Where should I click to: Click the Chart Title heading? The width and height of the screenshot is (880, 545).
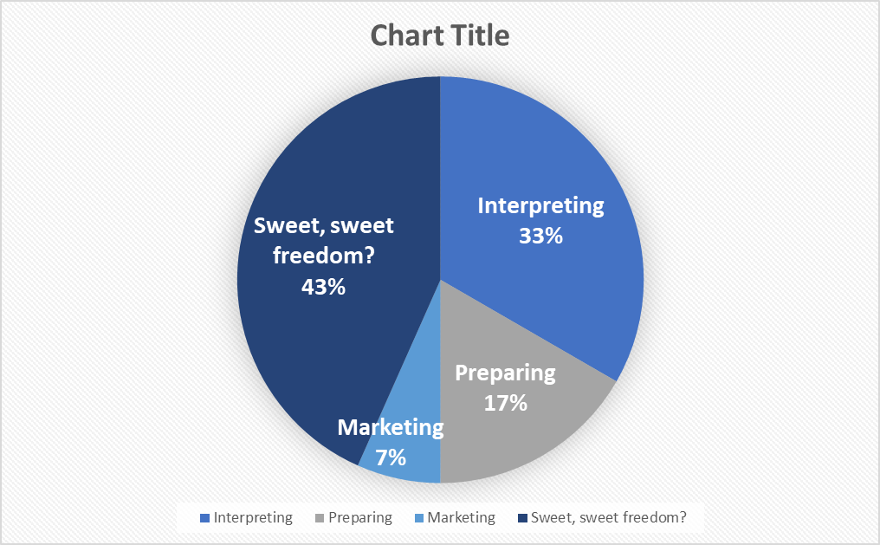click(440, 36)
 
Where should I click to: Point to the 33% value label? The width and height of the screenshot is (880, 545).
click(541, 236)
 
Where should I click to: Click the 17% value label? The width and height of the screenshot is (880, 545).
click(506, 403)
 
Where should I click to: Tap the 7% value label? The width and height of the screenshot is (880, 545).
click(391, 457)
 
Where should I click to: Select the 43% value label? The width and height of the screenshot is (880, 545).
click(323, 287)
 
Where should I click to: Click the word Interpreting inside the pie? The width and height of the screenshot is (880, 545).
click(541, 206)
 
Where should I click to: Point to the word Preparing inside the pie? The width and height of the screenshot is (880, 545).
click(505, 373)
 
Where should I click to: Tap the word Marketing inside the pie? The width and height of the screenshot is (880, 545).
click(391, 428)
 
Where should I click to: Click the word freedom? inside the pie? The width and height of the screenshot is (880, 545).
click(323, 256)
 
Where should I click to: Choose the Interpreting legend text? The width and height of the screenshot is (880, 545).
click(253, 517)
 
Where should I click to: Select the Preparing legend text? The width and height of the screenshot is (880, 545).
click(360, 517)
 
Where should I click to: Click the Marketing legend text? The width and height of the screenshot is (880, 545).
click(462, 517)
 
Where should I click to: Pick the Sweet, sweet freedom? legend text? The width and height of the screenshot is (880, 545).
click(608, 517)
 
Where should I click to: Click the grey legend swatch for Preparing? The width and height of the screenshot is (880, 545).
click(320, 518)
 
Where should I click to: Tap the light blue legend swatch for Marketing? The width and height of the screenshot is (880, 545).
click(418, 518)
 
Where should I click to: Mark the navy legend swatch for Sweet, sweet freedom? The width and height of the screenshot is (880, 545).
click(522, 518)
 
